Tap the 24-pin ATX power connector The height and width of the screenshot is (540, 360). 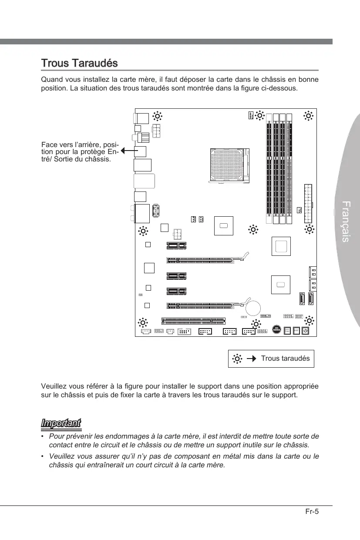tap(309, 203)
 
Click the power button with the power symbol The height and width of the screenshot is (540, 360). tap(306, 331)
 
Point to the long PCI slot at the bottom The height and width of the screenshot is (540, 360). tap(194, 321)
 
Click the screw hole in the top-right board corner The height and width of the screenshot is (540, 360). tap(308, 116)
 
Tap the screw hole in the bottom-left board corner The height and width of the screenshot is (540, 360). tap(142, 322)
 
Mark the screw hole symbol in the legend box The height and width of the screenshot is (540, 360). tap(237, 359)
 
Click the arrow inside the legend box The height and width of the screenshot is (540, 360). tap(251, 359)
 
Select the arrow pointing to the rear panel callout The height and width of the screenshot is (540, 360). tap(127, 151)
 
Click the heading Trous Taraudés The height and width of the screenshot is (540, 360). tap(79, 63)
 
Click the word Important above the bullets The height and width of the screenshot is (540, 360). tap(61, 423)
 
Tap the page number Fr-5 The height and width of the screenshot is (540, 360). tap(312, 512)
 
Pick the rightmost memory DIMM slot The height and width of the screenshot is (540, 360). tap(289, 169)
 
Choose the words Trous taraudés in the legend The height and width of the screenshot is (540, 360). tap(285, 359)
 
